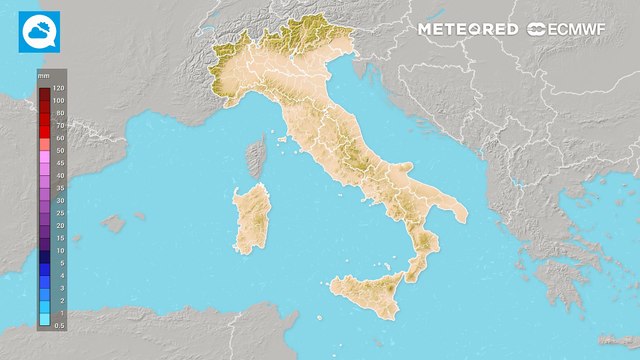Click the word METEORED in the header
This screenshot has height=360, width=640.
468,29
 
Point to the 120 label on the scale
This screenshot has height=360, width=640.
59,88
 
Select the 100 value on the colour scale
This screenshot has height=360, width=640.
59,100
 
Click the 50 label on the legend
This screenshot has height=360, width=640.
59,150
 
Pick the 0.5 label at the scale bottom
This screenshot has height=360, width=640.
59,324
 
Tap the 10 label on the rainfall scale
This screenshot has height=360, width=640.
59,250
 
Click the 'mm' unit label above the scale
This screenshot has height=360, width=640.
44,76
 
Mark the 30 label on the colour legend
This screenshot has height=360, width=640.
59,200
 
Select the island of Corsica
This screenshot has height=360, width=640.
256,157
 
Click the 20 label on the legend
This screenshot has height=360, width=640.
59,225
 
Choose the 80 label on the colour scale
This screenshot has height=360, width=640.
59,113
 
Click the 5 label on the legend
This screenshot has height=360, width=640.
59,262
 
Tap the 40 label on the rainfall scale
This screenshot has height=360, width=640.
59,175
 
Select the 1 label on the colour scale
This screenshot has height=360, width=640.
59,312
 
